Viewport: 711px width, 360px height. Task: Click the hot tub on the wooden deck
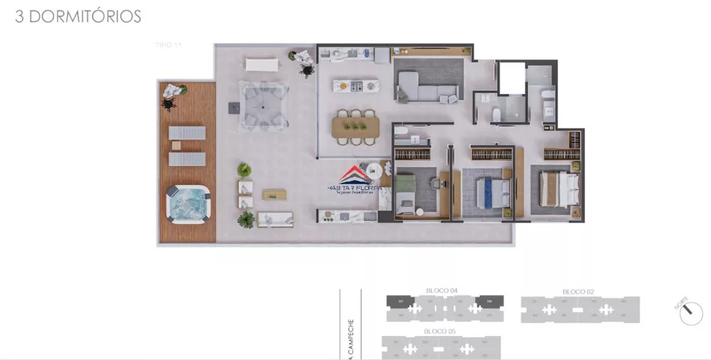click(188, 203)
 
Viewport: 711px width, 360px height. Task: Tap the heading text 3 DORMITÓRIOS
click(78, 17)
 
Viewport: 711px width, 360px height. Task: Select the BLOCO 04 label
click(441, 290)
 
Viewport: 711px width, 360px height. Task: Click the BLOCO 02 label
click(578, 292)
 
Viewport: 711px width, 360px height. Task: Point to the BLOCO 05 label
click(439, 332)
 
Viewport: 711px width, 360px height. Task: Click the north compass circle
click(690, 313)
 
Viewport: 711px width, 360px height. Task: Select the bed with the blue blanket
click(492, 191)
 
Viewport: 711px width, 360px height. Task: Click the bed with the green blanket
click(407, 194)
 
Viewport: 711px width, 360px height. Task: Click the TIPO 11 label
click(169, 45)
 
